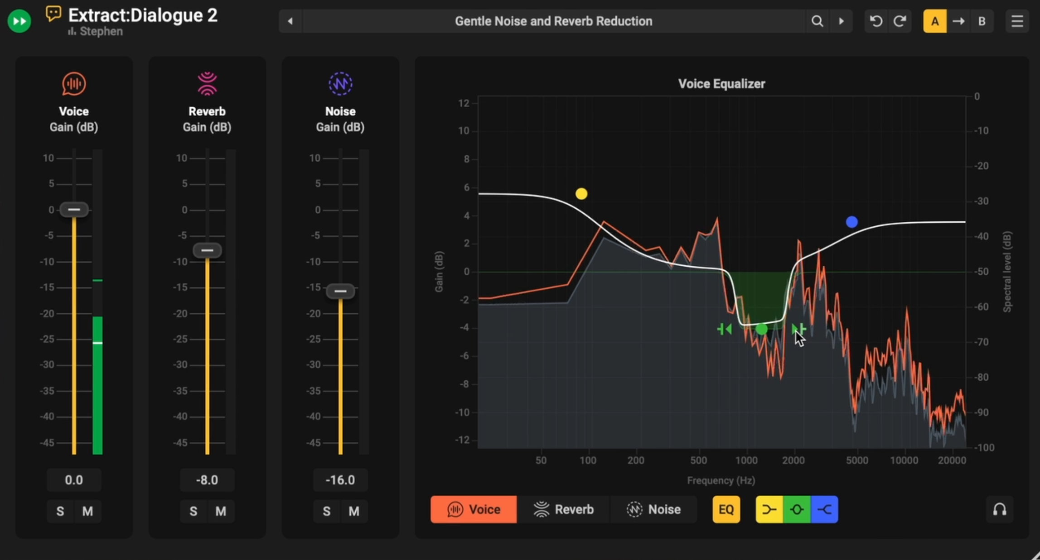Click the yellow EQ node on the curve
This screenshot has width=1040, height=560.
pyautogui.click(x=581, y=194)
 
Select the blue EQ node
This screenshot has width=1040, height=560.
pyautogui.click(x=851, y=222)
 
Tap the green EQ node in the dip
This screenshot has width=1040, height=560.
pyautogui.click(x=762, y=329)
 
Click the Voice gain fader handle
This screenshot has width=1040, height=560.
pyautogui.click(x=74, y=210)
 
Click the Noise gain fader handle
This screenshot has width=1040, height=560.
pyautogui.click(x=340, y=291)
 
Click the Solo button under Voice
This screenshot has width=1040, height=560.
pyautogui.click(x=60, y=512)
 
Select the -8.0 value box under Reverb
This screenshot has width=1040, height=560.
pyautogui.click(x=207, y=480)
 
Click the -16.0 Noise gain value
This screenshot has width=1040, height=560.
pyautogui.click(x=340, y=480)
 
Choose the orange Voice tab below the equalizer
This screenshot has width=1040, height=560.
pyautogui.click(x=474, y=509)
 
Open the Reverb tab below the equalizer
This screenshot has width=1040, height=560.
pyautogui.click(x=564, y=509)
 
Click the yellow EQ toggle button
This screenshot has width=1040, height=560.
pyautogui.click(x=726, y=509)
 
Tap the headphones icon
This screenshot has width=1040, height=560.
pyautogui.click(x=1000, y=510)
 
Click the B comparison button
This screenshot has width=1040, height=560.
pyautogui.click(x=982, y=21)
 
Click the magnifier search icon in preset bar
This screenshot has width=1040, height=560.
pyautogui.click(x=817, y=21)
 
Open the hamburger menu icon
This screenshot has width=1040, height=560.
pyautogui.click(x=1017, y=21)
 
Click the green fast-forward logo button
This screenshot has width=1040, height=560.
pyautogui.click(x=19, y=21)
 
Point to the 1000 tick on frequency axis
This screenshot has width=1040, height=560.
pyautogui.click(x=746, y=460)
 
